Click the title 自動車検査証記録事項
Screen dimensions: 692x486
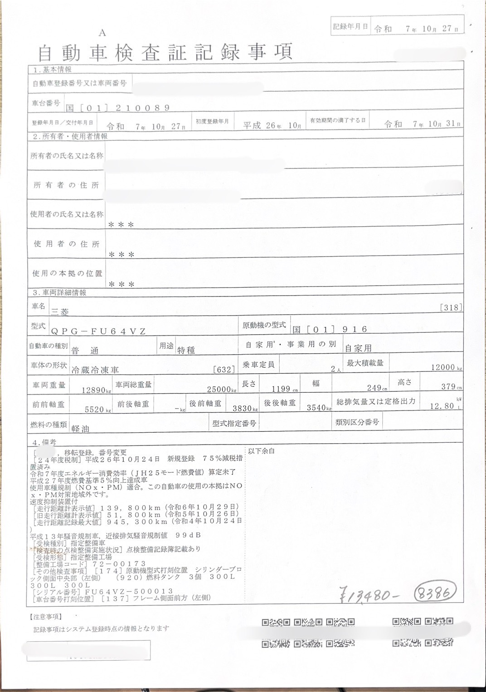[165, 53]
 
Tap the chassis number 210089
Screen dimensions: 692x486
[142, 108]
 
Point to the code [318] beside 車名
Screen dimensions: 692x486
[451, 307]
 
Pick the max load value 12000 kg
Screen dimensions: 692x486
[444, 367]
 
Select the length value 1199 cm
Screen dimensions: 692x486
[282, 389]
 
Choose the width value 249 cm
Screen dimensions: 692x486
[376, 388]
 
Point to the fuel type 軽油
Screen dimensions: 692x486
[80, 428]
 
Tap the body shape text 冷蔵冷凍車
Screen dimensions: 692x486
[95, 370]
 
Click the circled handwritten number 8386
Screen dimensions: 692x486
[434, 593]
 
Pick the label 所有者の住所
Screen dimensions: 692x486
[66, 185]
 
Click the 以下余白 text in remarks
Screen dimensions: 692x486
[261, 451]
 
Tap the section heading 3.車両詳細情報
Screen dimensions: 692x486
[59, 293]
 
